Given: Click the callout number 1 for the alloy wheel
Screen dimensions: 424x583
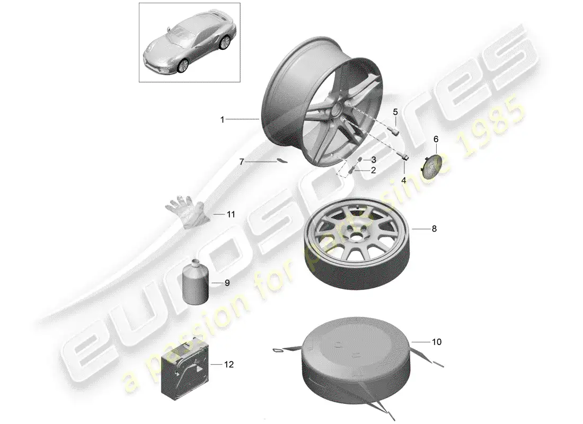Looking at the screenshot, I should pos(223,120).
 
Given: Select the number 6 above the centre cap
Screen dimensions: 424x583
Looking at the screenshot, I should pos(436,139).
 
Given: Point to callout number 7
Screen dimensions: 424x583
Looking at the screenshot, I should pos(242,161).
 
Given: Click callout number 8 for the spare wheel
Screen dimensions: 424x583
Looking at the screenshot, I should pos(434,229).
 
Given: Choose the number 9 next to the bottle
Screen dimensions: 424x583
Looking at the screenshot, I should pos(227,283).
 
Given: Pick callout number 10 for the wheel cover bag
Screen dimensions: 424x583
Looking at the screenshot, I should pos(436,342).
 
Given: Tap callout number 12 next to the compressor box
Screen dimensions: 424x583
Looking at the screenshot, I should pos(228,365).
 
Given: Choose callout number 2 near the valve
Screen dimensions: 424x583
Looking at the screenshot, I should pos(373,171).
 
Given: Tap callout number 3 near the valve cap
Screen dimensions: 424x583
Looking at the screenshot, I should pos(373,160).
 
